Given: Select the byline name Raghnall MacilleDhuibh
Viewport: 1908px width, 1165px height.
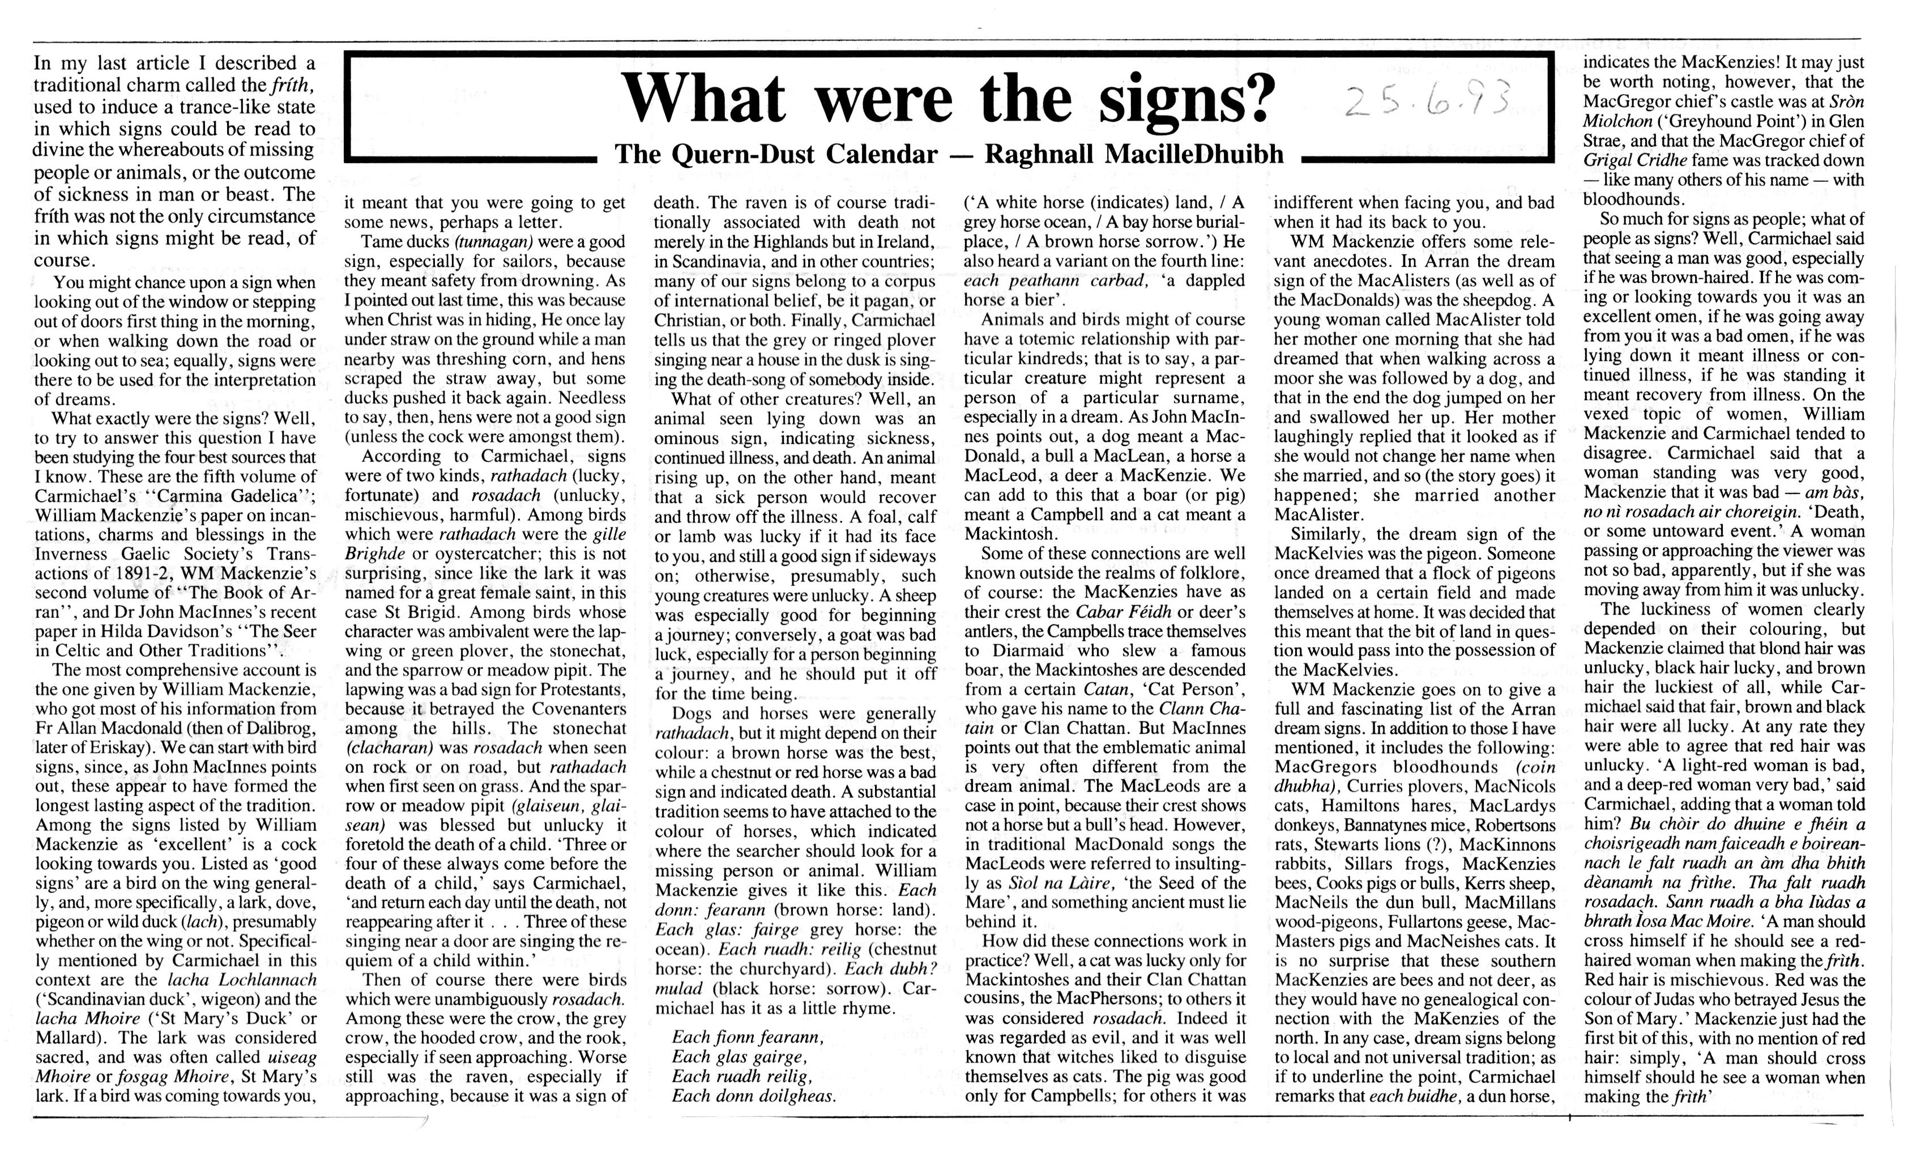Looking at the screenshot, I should pos(1134,154).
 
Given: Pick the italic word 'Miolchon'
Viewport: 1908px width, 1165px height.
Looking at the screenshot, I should pos(1620,122).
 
